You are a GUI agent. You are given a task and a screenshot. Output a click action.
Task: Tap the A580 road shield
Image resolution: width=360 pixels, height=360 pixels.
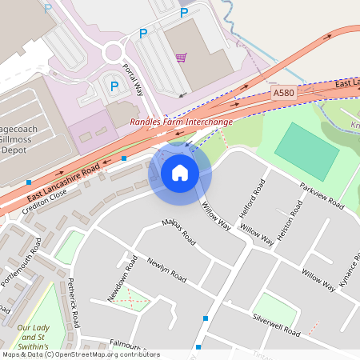[283, 94]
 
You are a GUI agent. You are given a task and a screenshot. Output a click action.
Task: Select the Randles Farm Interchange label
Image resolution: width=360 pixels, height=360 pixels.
[181, 122]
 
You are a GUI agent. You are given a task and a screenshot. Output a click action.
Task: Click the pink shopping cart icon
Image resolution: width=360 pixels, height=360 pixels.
[181, 58]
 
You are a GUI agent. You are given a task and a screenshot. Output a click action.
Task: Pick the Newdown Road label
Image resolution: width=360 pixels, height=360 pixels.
[124, 281]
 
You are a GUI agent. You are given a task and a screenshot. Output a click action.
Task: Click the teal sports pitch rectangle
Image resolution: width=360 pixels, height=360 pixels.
[306, 151]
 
